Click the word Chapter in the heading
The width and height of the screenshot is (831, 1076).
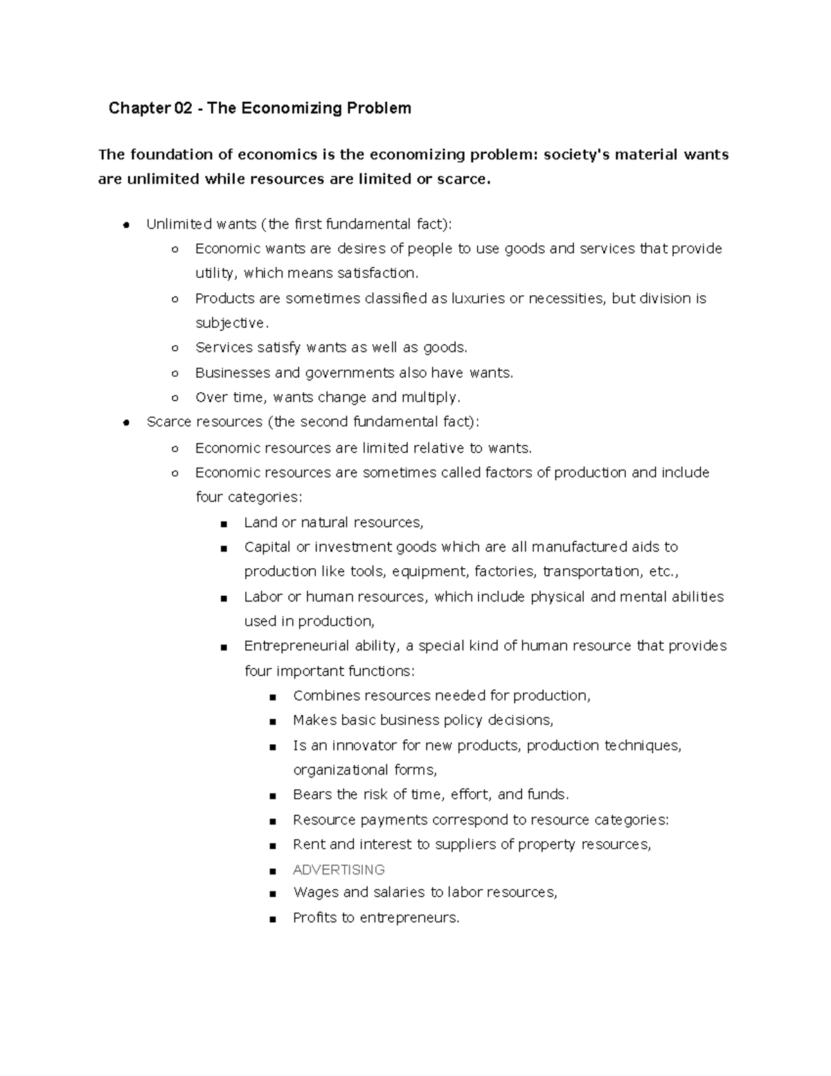[x=138, y=108]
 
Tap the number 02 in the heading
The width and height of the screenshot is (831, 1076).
[x=183, y=108]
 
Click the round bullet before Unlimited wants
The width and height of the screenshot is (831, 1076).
[x=126, y=224]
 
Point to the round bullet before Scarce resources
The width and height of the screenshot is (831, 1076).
[x=126, y=423]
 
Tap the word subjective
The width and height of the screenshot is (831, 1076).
[x=230, y=323]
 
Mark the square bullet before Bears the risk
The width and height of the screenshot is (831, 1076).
[x=273, y=796]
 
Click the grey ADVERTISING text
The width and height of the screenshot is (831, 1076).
[x=339, y=870]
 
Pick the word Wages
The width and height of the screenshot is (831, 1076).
[x=315, y=892]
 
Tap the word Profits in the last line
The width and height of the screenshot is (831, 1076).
[x=315, y=918]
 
